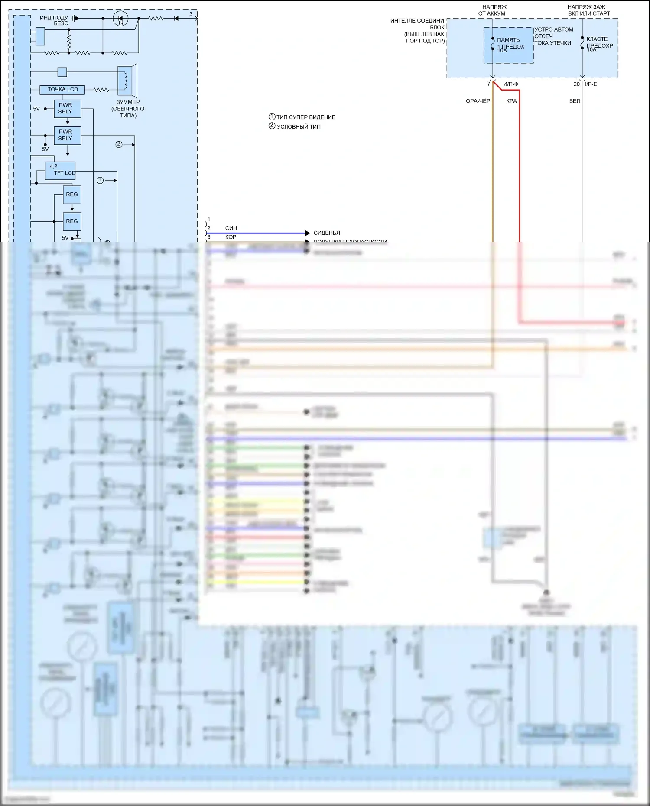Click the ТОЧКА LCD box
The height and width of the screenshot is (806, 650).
[x=62, y=90]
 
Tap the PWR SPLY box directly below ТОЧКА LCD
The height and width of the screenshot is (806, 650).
[x=67, y=108]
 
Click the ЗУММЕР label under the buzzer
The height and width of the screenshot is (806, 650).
[x=128, y=102]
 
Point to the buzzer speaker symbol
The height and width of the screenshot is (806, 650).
[x=127, y=80]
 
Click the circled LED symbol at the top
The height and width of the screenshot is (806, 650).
[x=120, y=19]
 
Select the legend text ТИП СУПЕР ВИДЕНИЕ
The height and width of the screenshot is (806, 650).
[x=305, y=117]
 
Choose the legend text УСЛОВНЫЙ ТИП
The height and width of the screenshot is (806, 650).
[x=299, y=126]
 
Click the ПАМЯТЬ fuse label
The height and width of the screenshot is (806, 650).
[x=508, y=40]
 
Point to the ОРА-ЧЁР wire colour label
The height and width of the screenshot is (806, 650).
[x=478, y=101]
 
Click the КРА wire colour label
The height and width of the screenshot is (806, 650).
[x=511, y=101]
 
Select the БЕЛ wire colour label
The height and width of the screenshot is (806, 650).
[x=574, y=101]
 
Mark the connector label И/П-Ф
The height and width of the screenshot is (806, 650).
[x=510, y=84]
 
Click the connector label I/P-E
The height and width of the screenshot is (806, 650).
[x=591, y=84]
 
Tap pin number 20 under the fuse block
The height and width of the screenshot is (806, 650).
[x=576, y=84]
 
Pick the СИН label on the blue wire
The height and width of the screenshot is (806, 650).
[x=231, y=228]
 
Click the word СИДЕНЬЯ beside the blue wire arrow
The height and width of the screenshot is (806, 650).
[x=327, y=233]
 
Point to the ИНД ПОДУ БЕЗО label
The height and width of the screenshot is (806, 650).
[x=54, y=20]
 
